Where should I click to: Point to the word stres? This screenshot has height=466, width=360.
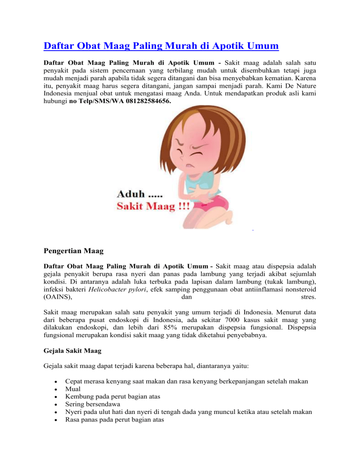click(307, 296)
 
